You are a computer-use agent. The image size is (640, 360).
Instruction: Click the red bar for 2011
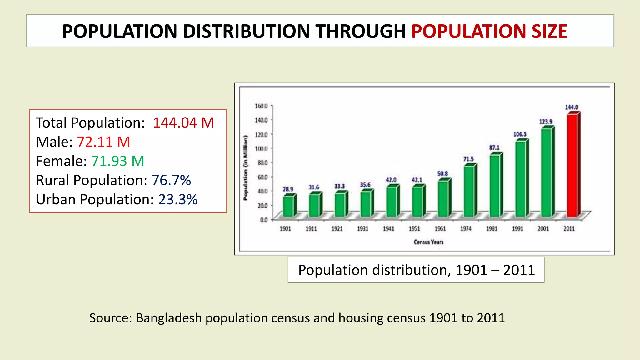(572, 166)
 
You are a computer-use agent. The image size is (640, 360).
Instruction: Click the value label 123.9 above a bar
(546, 122)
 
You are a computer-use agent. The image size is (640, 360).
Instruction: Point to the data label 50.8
(442, 173)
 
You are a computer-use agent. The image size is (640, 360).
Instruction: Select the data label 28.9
(288, 189)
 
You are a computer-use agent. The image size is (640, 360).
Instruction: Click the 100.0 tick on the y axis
(261, 148)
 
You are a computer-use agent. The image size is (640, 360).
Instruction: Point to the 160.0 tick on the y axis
(261, 106)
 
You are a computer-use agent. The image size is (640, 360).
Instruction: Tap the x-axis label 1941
(388, 229)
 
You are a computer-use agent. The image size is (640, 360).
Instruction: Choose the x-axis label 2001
(543, 229)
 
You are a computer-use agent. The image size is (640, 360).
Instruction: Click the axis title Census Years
(428, 242)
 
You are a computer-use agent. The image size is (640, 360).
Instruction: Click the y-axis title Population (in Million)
(246, 168)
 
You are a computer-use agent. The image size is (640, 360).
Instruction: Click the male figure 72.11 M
(103, 142)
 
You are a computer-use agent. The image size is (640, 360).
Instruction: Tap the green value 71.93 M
(118, 161)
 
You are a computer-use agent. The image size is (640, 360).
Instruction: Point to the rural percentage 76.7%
(171, 180)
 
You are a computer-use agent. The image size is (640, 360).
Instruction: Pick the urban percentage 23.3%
(178, 200)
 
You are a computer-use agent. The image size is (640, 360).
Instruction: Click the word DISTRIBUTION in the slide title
(247, 31)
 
